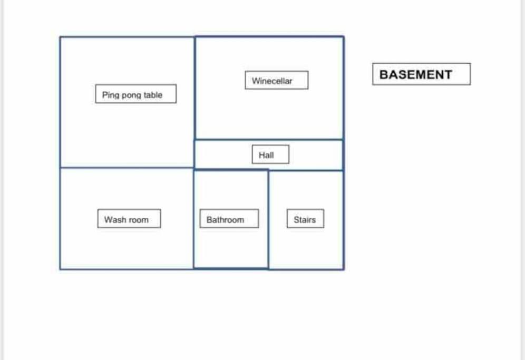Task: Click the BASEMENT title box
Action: tap(421, 74)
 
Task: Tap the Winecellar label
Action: tap(277, 80)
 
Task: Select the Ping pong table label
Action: tap(135, 94)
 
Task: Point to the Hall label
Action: tap(270, 154)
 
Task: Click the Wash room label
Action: tap(129, 219)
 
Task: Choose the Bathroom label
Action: tap(229, 219)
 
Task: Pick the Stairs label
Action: tap(305, 219)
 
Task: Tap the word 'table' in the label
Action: tap(153, 95)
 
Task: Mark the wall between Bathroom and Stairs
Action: tap(268, 219)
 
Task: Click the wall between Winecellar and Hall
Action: tap(269, 139)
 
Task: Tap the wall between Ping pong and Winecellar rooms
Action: tap(195, 102)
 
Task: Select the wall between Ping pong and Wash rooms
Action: tap(127, 168)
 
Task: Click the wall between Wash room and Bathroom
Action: tap(193, 219)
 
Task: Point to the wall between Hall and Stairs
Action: tap(306, 170)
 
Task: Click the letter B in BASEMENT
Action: tap(384, 74)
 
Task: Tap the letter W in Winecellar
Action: tap(256, 81)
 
